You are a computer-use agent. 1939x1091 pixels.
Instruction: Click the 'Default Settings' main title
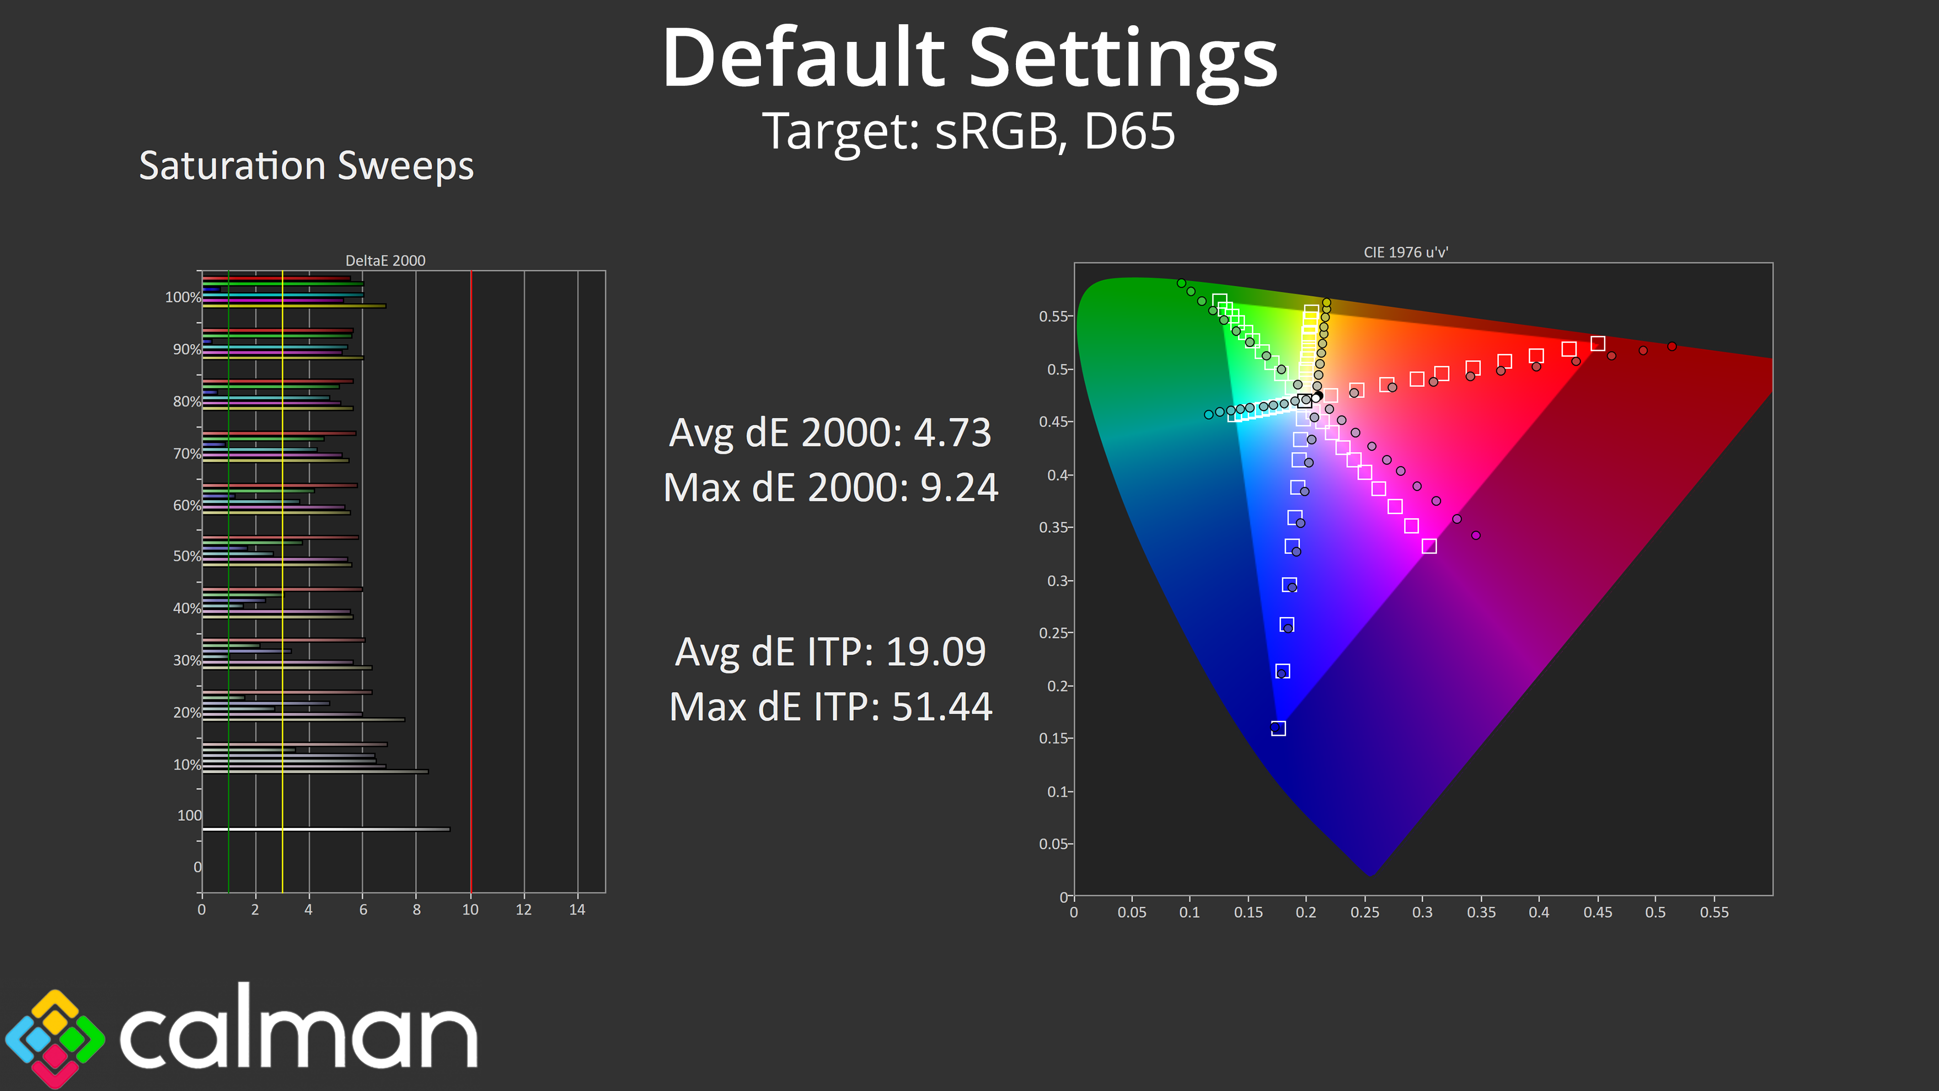(x=970, y=59)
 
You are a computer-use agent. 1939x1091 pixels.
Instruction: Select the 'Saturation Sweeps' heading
(x=307, y=166)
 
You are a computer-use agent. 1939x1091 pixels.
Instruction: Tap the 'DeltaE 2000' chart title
(x=385, y=261)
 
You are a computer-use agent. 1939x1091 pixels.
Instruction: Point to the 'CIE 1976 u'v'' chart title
(x=1405, y=252)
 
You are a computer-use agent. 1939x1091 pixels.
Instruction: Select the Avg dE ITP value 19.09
(x=936, y=652)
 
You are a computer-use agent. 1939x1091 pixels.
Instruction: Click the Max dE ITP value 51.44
(x=942, y=707)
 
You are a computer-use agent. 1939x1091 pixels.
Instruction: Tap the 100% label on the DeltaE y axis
(x=183, y=297)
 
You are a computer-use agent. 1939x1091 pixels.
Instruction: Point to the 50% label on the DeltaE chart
(x=187, y=557)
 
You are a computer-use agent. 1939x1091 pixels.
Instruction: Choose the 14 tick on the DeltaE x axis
(x=577, y=910)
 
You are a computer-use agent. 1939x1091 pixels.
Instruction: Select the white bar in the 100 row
(x=326, y=829)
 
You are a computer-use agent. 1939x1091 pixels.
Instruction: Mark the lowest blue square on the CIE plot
(x=1278, y=728)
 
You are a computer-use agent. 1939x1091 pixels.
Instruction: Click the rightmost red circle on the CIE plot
(x=1672, y=346)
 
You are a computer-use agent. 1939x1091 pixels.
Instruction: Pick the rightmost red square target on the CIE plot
(x=1597, y=343)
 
